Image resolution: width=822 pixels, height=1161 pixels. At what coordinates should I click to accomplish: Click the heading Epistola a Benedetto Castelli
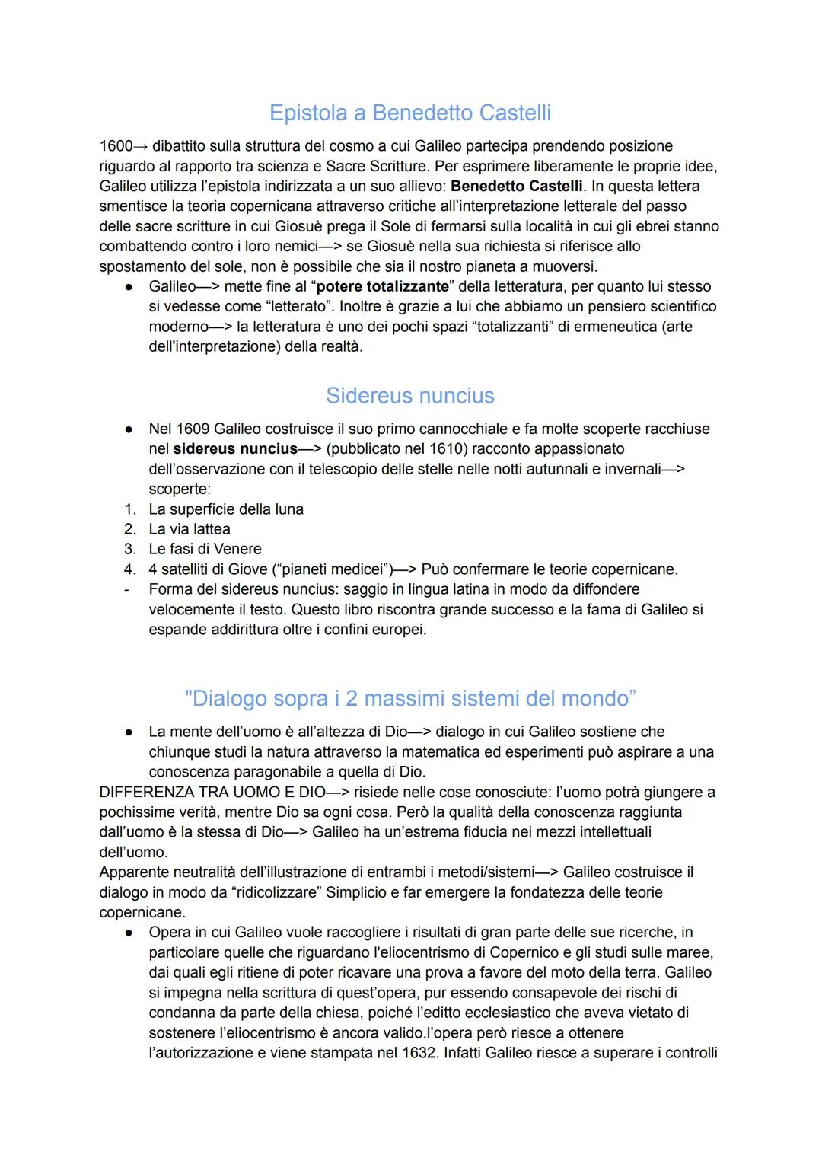click(x=410, y=113)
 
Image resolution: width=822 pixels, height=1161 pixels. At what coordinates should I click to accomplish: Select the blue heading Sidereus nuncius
click(x=410, y=395)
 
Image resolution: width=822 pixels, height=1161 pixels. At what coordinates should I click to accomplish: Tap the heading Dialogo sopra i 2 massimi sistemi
click(x=410, y=698)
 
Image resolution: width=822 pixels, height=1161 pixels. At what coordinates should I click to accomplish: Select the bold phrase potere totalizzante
click(x=382, y=286)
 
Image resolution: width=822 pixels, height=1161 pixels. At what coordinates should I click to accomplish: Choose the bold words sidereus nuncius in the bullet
click(x=235, y=448)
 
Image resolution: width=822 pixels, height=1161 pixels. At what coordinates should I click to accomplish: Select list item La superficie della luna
click(x=226, y=509)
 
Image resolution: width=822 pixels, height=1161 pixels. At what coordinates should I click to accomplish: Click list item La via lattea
click(x=190, y=528)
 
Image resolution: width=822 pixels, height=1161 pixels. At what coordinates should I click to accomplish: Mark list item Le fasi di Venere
click(x=205, y=549)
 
